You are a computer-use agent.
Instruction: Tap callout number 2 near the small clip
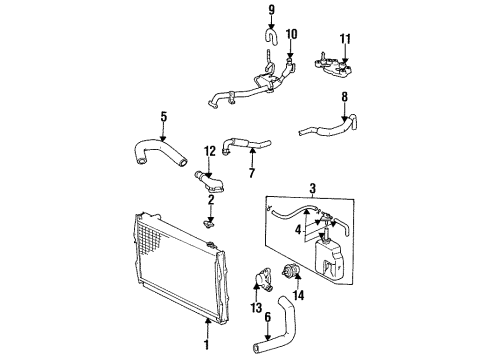click(211, 200)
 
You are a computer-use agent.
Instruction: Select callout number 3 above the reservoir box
click(312, 189)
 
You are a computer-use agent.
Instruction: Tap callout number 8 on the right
click(344, 98)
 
